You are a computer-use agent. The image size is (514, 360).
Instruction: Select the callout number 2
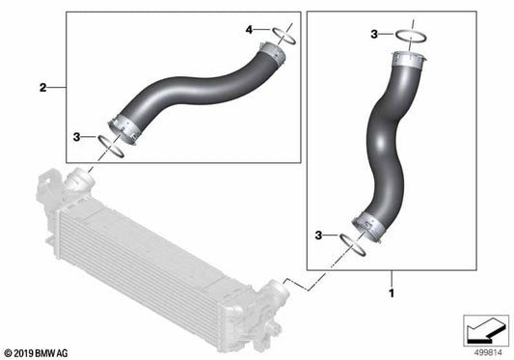pos(42,88)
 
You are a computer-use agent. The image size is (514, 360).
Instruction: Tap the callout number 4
pos(249,31)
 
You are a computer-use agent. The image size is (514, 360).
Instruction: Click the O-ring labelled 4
pos(283,37)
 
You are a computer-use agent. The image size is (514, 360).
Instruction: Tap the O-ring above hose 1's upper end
pos(410,38)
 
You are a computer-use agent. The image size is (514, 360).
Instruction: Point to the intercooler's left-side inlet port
pos(76,182)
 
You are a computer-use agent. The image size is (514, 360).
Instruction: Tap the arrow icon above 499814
pos(483,329)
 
